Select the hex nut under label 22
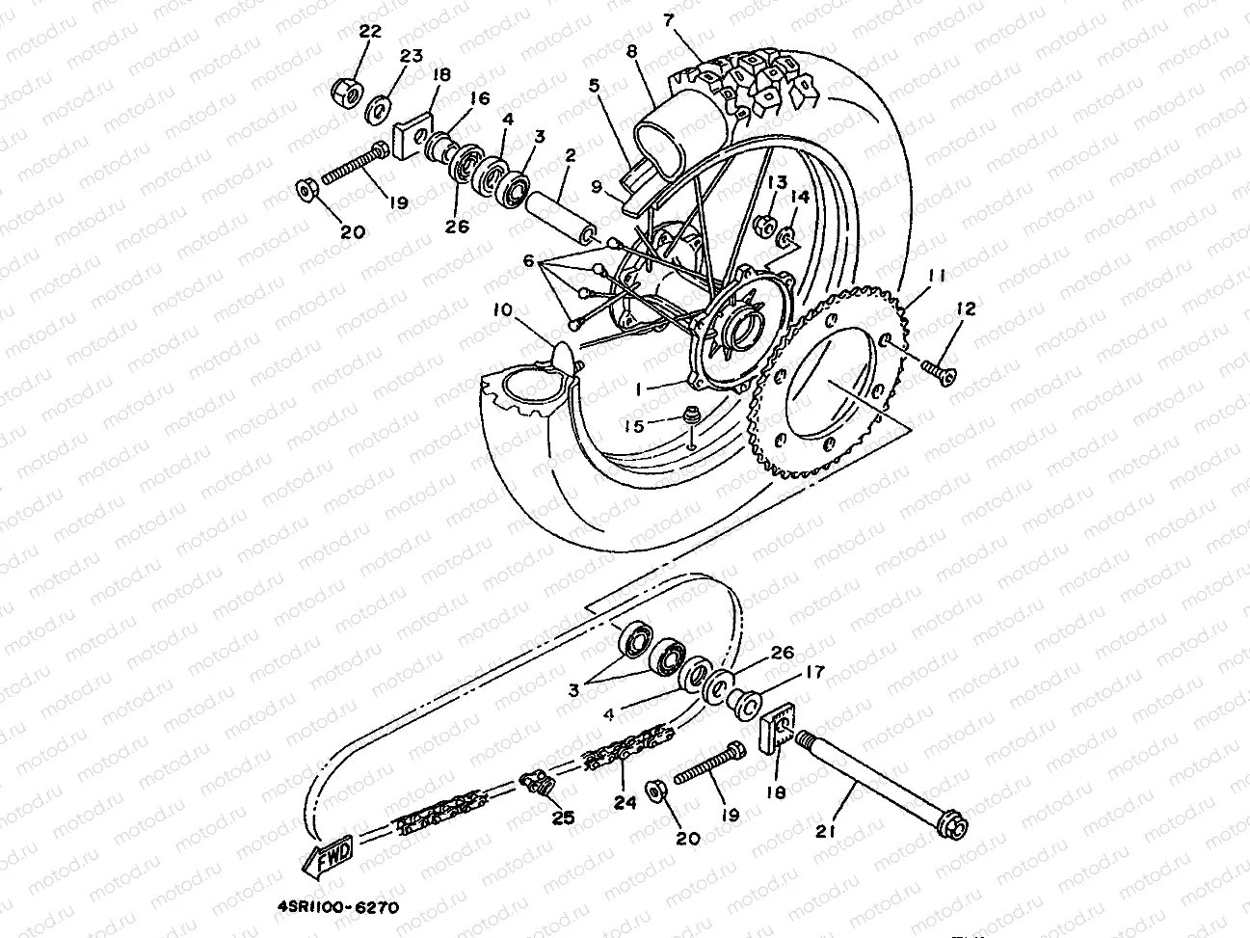345,92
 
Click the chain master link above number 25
538,783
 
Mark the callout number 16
479,98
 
